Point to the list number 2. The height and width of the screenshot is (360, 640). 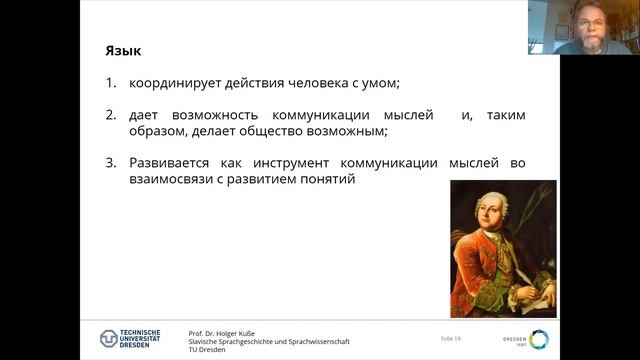(111, 115)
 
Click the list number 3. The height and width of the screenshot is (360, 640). (111, 163)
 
